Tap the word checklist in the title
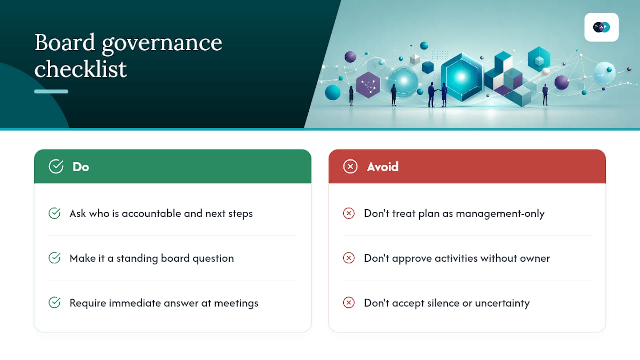(x=81, y=69)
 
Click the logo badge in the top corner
(x=601, y=27)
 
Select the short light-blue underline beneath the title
(x=51, y=91)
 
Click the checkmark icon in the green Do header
(x=56, y=166)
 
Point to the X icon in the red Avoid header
(x=350, y=166)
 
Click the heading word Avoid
(x=383, y=167)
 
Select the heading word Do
(x=81, y=167)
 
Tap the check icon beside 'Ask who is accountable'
(x=54, y=213)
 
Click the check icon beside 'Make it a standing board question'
(x=54, y=258)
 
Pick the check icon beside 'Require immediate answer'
(x=54, y=303)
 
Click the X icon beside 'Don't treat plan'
(x=349, y=213)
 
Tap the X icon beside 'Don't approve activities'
(x=349, y=258)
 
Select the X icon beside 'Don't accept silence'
(x=349, y=303)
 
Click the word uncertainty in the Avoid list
(x=502, y=303)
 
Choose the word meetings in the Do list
(x=236, y=303)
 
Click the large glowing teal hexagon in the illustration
(x=462, y=77)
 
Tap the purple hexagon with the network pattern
(x=368, y=85)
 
